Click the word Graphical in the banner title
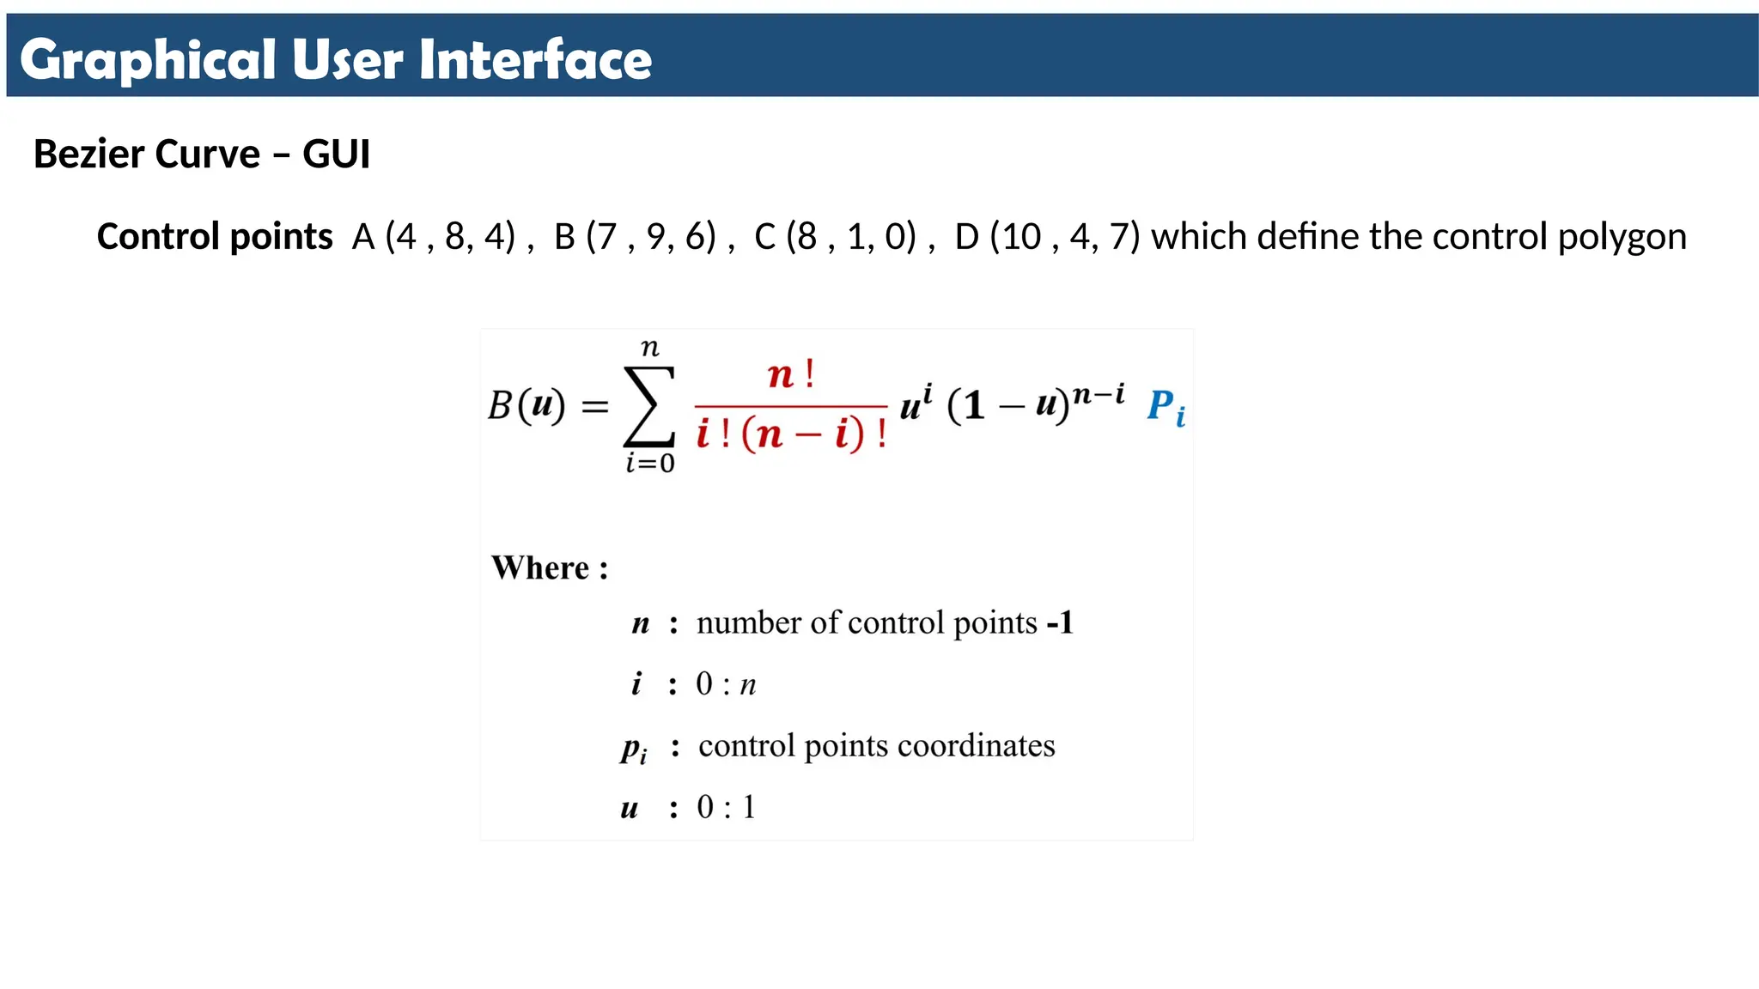(147, 60)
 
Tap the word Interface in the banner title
(535, 60)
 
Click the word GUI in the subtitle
(336, 155)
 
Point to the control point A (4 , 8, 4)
(434, 237)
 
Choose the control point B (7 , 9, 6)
(635, 237)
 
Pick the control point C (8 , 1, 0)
(835, 237)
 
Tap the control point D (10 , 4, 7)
(1047, 237)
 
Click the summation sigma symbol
(649, 406)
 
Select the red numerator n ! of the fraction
(790, 375)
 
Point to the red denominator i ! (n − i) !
(791, 434)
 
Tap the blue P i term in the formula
(1166, 406)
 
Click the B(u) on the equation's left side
(526, 404)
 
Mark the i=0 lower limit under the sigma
(650, 464)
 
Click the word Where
(540, 567)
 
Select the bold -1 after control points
(1060, 622)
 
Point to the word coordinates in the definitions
(976, 745)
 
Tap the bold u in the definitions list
(630, 808)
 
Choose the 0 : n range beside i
(726, 684)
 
